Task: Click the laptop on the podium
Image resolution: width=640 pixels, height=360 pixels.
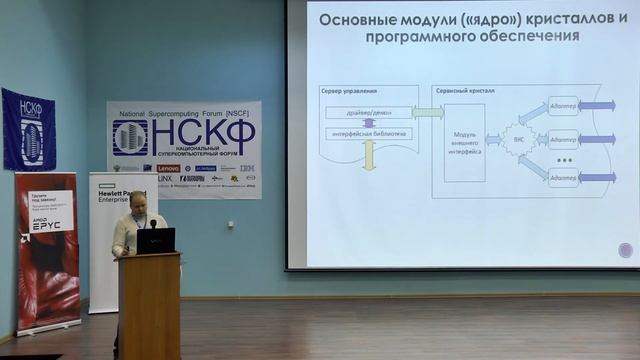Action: point(155,240)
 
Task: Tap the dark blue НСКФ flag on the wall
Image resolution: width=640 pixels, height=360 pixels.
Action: point(28,129)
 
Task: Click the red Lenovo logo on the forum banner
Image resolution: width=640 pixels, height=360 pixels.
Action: point(168,168)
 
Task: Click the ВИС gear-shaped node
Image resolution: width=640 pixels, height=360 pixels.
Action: point(516,141)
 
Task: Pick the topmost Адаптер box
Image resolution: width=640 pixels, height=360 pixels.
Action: point(562,105)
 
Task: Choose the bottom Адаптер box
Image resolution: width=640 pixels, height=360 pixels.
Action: point(562,177)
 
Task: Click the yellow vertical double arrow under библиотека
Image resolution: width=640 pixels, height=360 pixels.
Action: point(368,154)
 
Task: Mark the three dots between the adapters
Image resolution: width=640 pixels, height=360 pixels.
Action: point(564,160)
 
